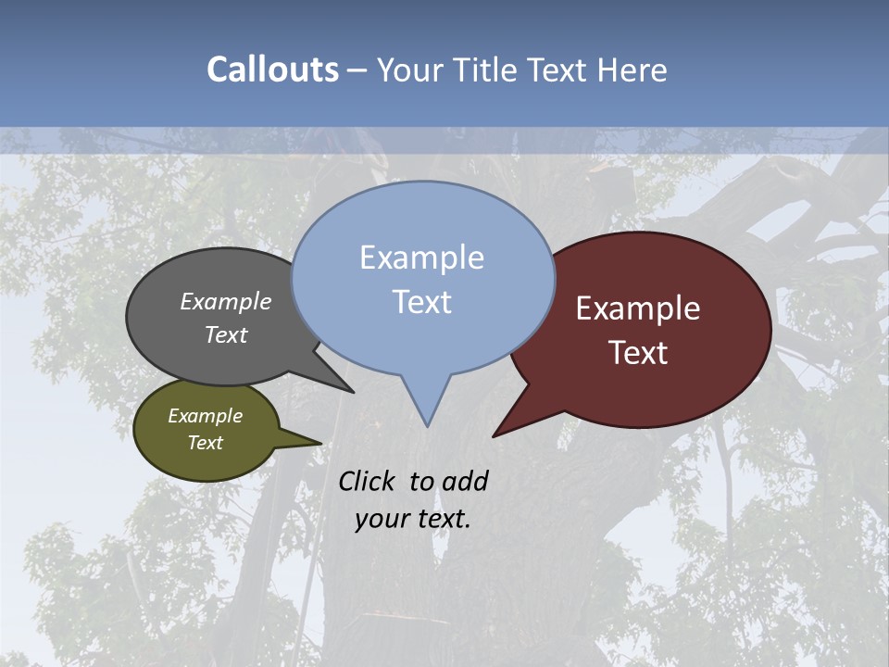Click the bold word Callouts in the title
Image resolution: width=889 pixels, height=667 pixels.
coord(272,69)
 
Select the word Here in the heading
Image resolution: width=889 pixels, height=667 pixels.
coord(633,69)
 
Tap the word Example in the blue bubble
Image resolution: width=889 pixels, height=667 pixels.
coord(421,258)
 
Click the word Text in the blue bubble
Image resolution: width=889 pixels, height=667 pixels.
coord(421,302)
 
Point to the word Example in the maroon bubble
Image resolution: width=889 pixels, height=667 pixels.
coord(638,308)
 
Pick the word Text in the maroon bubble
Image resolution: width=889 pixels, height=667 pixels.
coord(638,353)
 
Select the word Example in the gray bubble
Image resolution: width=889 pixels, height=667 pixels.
coord(226,301)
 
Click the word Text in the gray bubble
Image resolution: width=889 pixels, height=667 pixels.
coord(226,334)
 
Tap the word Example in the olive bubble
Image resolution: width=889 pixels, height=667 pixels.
coord(205,416)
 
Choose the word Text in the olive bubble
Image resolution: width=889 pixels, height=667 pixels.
coord(205,443)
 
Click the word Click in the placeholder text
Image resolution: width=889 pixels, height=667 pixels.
coord(368,481)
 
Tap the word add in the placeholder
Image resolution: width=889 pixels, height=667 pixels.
coord(465,481)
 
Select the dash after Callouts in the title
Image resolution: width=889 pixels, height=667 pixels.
coord(357,69)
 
